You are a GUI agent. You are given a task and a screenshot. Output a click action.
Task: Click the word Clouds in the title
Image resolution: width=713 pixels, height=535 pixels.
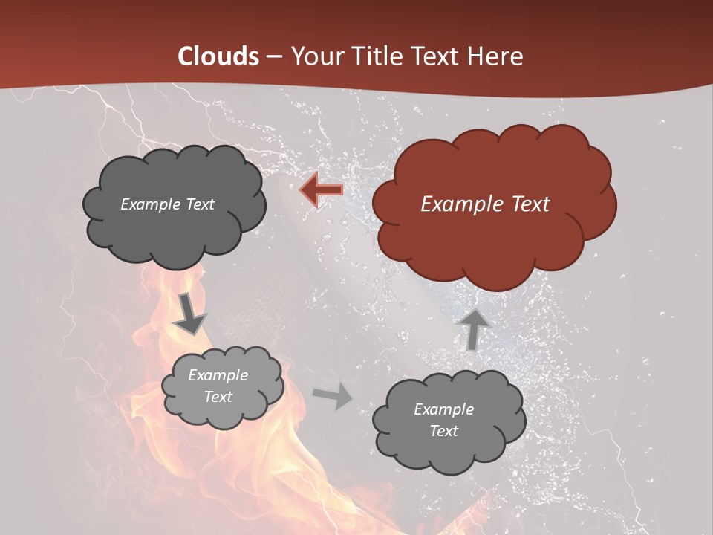[218, 56]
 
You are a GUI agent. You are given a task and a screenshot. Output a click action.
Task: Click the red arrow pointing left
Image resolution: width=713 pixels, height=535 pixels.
[321, 190]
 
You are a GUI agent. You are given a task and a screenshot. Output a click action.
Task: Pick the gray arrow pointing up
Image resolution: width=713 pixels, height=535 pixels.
[474, 329]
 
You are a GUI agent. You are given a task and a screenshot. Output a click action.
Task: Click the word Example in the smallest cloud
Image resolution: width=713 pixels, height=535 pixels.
[218, 375]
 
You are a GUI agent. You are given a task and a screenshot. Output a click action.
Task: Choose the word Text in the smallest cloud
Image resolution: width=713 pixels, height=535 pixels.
[218, 397]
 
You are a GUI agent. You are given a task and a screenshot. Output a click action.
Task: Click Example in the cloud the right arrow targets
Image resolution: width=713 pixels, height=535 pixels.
[443, 409]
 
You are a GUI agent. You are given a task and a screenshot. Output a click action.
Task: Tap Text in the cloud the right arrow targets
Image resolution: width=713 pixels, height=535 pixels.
[443, 431]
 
